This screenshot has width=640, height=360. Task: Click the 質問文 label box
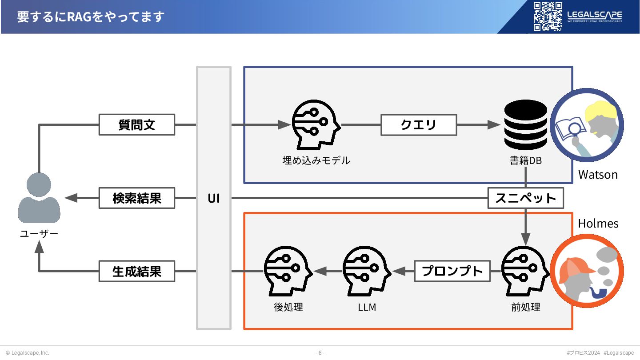point(136,125)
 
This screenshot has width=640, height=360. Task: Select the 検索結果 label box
point(136,198)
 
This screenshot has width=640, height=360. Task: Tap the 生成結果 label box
point(136,271)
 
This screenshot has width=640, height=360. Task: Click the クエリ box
point(419,125)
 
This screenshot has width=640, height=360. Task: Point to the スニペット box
point(525,198)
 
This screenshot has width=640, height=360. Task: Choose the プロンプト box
point(452,271)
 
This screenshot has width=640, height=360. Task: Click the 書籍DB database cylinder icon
point(525,125)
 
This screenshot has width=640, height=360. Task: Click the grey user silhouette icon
point(39,198)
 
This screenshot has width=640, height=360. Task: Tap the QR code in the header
point(548,16)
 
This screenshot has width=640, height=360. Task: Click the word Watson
point(598,175)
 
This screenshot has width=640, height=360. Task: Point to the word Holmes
point(598,223)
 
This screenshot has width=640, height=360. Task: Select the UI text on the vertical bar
point(214,198)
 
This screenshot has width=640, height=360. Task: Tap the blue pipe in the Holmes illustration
point(598,293)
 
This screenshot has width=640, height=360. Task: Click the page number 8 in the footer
point(320,353)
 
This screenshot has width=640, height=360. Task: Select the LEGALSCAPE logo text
point(595,15)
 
